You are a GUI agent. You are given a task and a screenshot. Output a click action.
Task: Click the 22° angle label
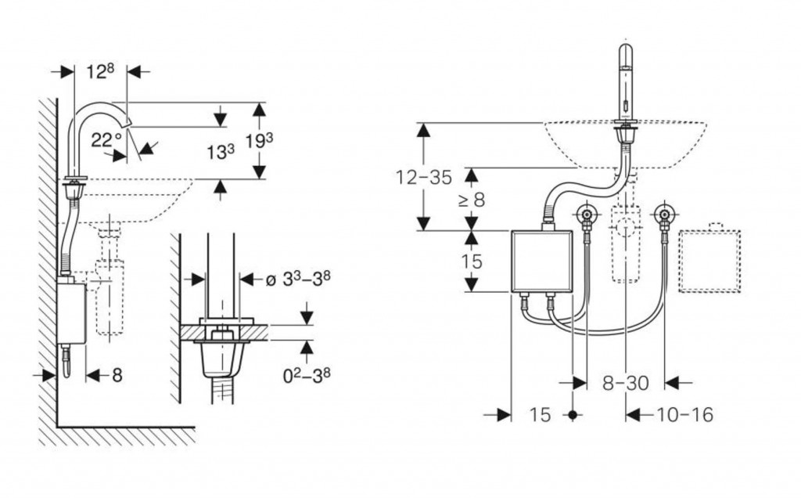click(x=107, y=140)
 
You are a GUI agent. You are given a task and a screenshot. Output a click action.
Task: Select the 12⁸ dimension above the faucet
click(x=99, y=71)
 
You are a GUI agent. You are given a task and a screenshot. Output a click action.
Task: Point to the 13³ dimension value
click(x=220, y=151)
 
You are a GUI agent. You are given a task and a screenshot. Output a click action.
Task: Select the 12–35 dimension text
click(x=423, y=177)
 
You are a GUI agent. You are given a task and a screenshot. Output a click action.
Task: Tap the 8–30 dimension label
click(x=626, y=383)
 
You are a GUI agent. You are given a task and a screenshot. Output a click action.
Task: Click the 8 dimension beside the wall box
click(x=117, y=376)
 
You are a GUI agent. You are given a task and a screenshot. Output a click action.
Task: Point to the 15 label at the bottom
click(x=540, y=414)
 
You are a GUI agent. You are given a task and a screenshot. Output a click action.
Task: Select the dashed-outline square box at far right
click(x=709, y=261)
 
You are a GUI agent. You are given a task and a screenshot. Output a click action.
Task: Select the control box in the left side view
click(x=71, y=312)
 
